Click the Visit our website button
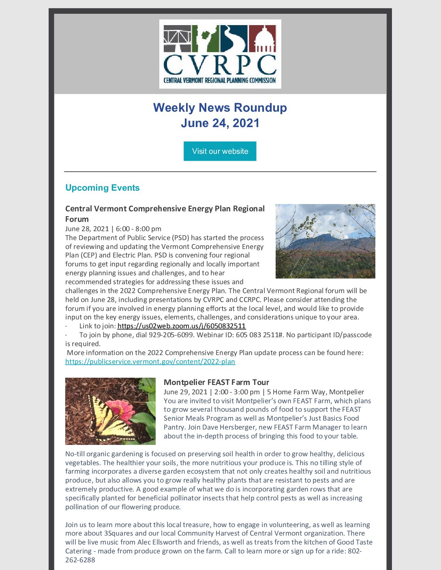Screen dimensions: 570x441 (220, 151)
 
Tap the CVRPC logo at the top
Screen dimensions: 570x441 (220, 54)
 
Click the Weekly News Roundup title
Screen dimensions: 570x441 (220, 108)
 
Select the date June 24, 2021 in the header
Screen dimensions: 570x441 (220, 123)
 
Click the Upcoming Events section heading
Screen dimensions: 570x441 (102, 188)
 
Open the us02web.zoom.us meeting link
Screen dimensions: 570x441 (182, 326)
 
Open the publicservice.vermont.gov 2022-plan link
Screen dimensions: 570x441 (150, 362)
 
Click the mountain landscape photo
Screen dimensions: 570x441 (325, 241)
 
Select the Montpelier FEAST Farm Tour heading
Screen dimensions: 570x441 (216, 382)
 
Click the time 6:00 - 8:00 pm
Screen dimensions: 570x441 (139, 229)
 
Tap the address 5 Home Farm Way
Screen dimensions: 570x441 (296, 392)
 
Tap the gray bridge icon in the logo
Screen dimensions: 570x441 (177, 38)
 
